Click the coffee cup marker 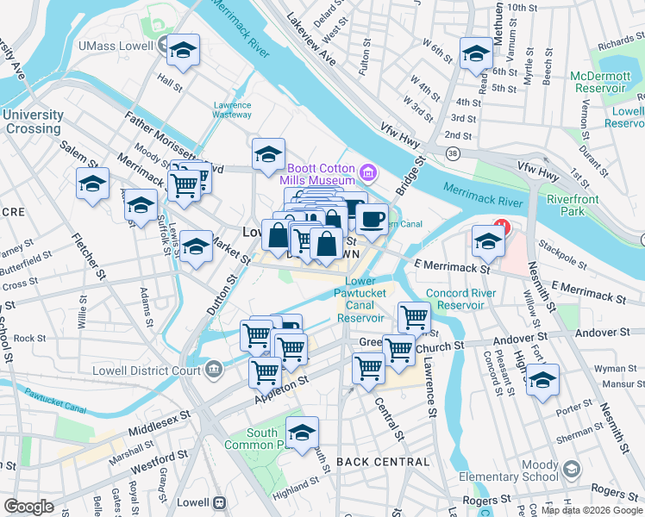[372, 220]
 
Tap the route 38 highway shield [452, 153]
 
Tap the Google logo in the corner [28, 507]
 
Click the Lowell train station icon [220, 502]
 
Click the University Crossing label [34, 121]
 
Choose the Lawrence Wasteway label [232, 109]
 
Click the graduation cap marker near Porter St [543, 380]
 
